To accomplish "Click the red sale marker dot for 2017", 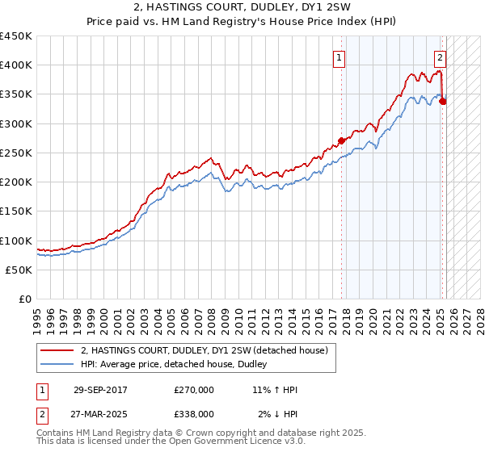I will [341, 140].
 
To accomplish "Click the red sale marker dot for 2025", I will [443, 101].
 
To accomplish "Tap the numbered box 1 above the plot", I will [338, 57].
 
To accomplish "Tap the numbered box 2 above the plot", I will [440, 57].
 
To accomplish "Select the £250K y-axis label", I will [16, 153].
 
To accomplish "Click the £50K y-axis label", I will [19, 270].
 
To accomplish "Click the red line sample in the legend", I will [57, 351].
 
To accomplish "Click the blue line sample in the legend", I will [57, 365].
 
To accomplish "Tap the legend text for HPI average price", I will [179, 365].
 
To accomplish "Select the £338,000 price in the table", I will [194, 414].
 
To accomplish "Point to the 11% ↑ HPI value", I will [275, 391].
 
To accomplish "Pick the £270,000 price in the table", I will [194, 391].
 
